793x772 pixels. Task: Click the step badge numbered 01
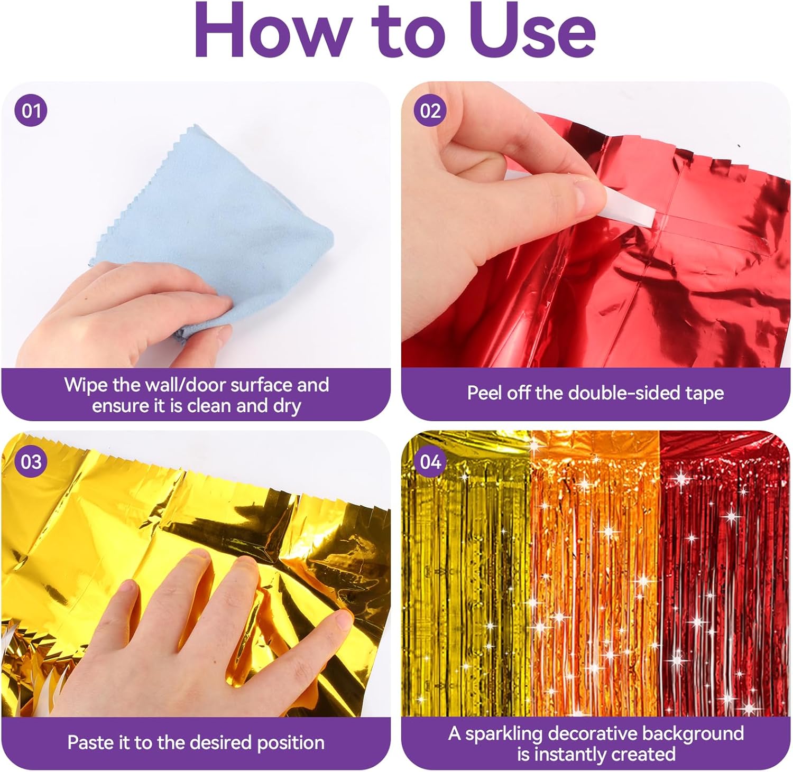tap(31, 111)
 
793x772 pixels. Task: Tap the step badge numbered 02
tap(430, 111)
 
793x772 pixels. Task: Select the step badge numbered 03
tap(31, 462)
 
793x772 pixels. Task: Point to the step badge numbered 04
tap(430, 462)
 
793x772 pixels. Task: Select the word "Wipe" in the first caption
tap(86, 385)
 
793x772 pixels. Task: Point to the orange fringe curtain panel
tap(595, 573)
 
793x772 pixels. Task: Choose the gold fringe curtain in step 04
tap(465, 573)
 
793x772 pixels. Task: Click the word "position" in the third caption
tap(290, 743)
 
